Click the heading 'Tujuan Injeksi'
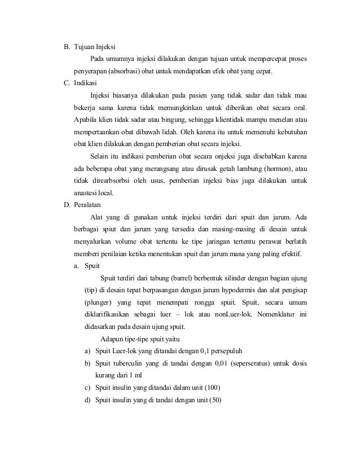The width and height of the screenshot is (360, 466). [x=96, y=47]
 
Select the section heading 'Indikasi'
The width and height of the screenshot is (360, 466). [x=85, y=82]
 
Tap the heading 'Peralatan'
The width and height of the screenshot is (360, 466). [x=87, y=205]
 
